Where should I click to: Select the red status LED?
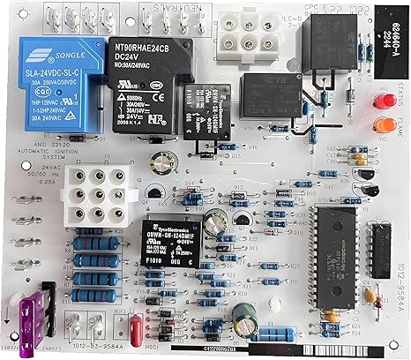(385, 105)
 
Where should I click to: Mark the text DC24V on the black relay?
(132, 59)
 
